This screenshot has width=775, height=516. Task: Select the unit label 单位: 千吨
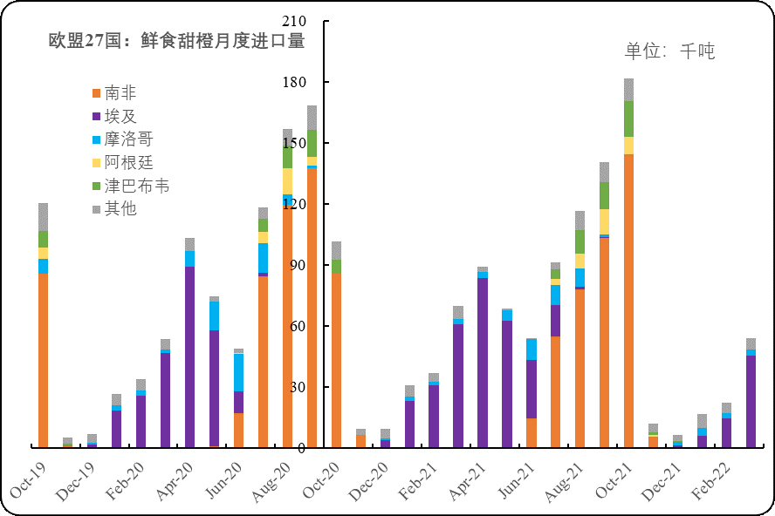pyautogui.click(x=670, y=51)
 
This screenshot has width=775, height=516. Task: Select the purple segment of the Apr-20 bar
pyautogui.click(x=189, y=357)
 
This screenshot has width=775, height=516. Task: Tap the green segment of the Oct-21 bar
pyautogui.click(x=628, y=119)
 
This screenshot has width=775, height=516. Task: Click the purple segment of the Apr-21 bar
pyautogui.click(x=482, y=363)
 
